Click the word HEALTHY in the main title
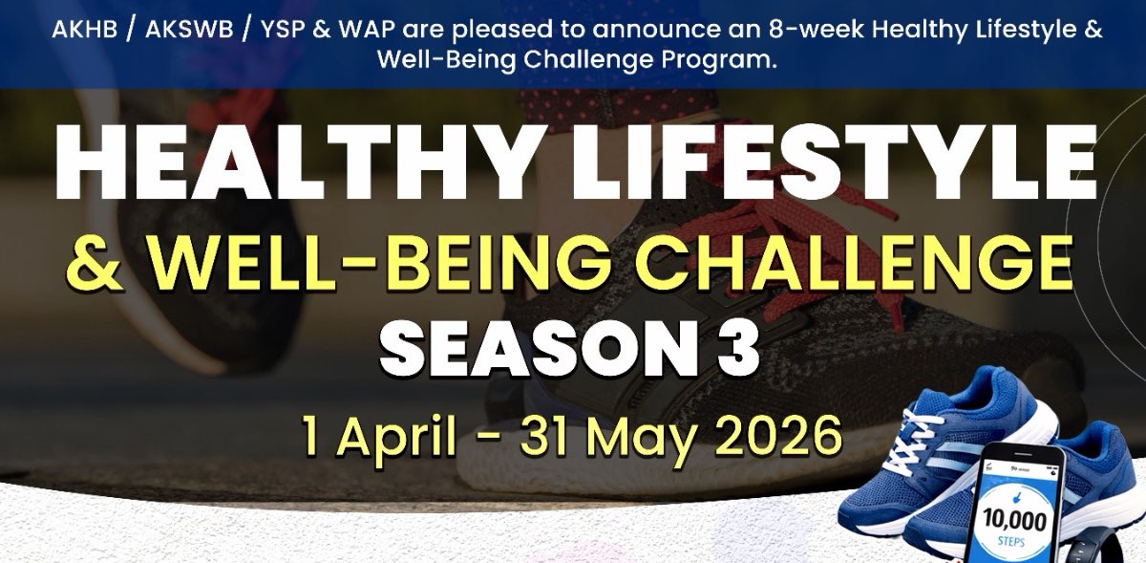pyautogui.click(x=292, y=161)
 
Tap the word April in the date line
pyautogui.click(x=396, y=436)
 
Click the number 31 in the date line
pyautogui.click(x=547, y=435)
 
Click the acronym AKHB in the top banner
pyautogui.click(x=84, y=31)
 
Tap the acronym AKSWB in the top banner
pyautogui.click(x=189, y=31)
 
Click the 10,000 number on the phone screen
pyautogui.click(x=1014, y=521)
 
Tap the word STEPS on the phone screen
pyautogui.click(x=1010, y=542)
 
